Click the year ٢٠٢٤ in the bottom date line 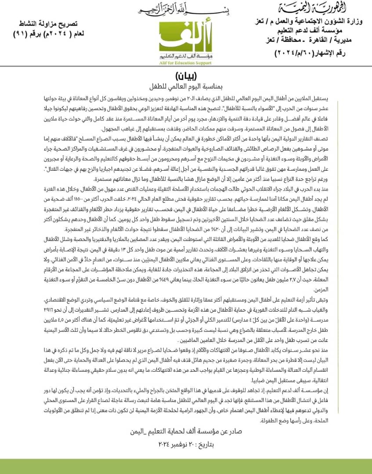[166, 445]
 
